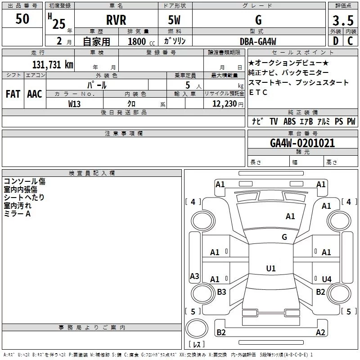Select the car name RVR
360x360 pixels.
(116, 20)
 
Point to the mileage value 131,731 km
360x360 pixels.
(53, 64)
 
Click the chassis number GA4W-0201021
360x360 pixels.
(302, 143)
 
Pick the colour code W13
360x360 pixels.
(75, 103)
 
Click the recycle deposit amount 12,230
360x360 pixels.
(223, 103)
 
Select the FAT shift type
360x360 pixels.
(13, 94)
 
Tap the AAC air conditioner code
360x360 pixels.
(34, 94)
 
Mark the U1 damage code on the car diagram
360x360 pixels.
(270, 269)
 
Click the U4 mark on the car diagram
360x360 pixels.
(327, 279)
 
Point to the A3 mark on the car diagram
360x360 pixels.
(194, 276)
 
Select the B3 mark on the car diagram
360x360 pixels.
(221, 292)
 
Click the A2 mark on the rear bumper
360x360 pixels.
(320, 333)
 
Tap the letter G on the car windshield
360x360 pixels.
(284, 237)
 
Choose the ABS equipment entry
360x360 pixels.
(290, 121)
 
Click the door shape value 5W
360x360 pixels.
(175, 20)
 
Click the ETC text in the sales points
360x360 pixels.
(258, 92)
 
